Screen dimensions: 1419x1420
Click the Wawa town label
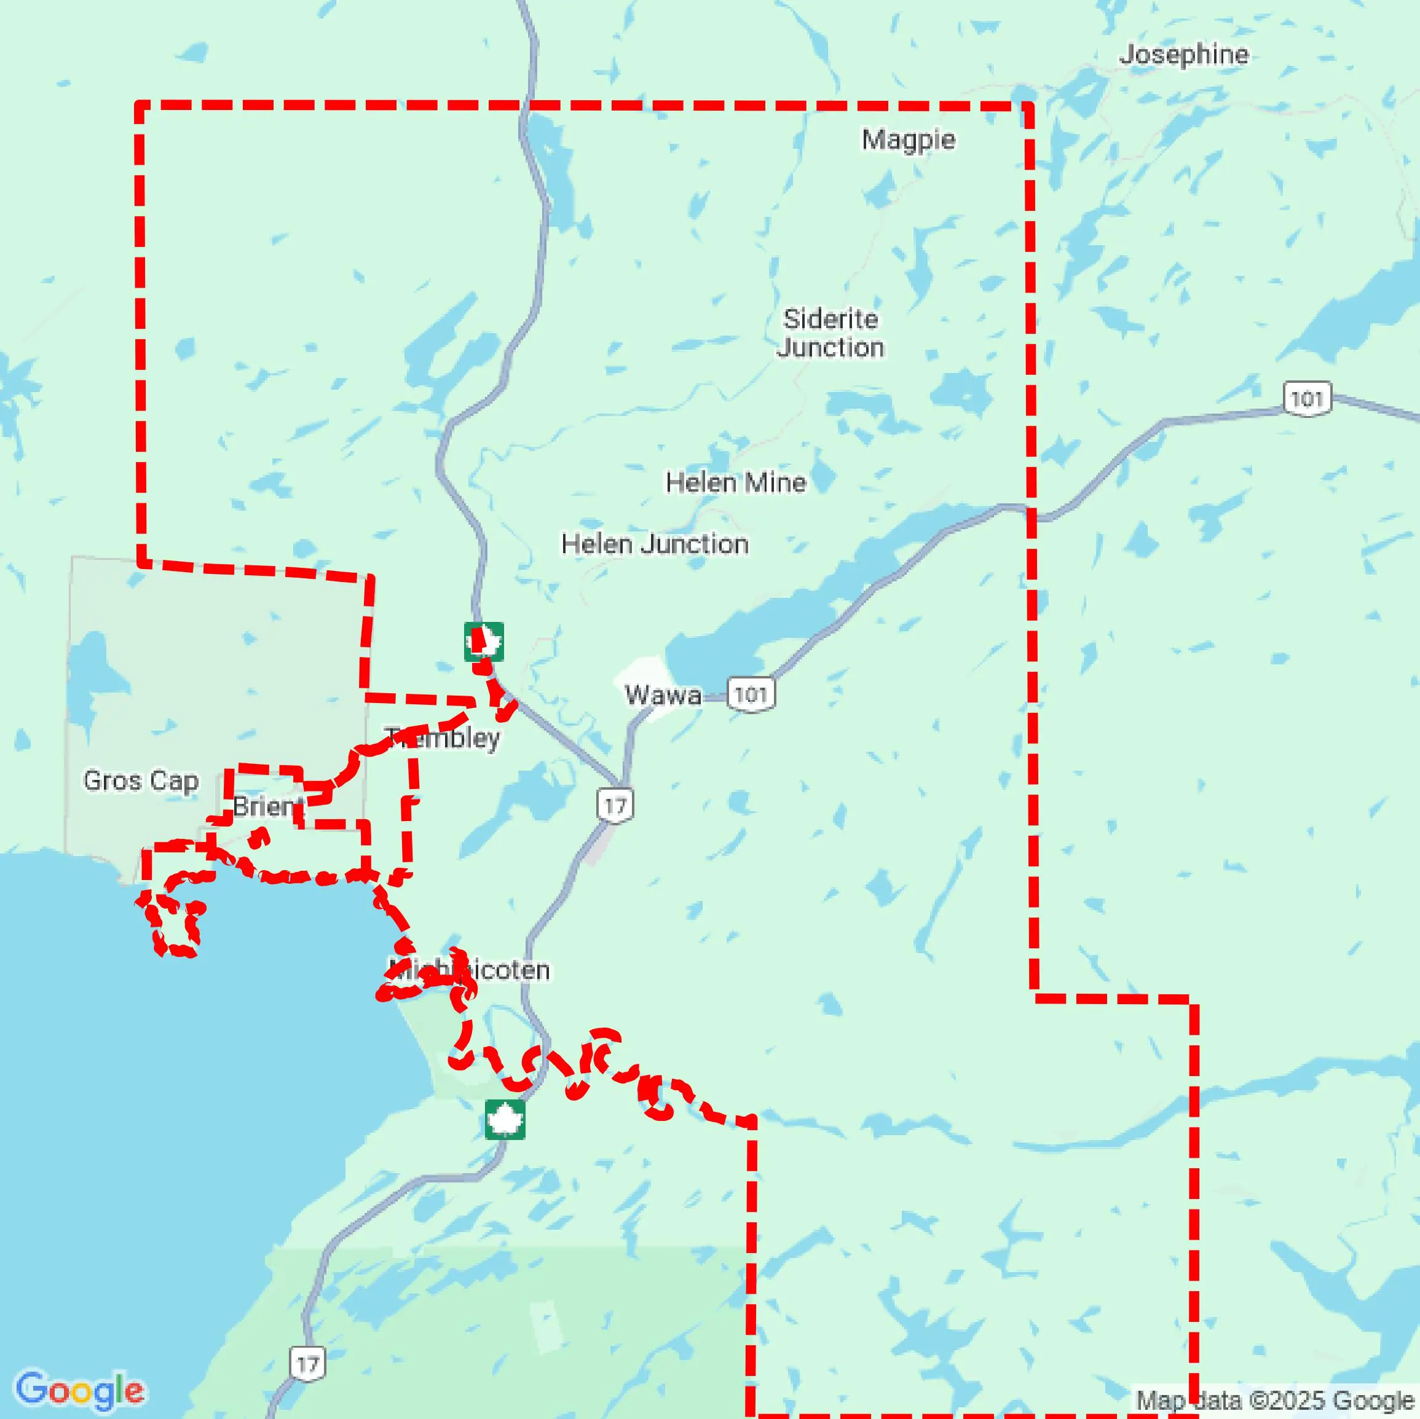point(662,694)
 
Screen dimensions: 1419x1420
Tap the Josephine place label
point(1183,54)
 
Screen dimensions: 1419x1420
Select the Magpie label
point(909,140)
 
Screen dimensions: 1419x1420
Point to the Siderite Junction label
point(830,333)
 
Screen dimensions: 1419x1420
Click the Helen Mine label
point(736,483)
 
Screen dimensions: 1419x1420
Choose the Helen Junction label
point(655,544)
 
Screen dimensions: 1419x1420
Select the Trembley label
point(443,738)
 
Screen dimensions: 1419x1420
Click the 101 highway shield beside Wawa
point(751,694)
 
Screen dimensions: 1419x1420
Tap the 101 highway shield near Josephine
point(1307,399)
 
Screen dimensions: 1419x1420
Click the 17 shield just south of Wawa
point(615,806)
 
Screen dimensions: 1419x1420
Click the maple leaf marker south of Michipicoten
point(505,1120)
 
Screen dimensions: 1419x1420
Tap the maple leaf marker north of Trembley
point(484,642)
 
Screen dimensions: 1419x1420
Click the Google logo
point(79,1390)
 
